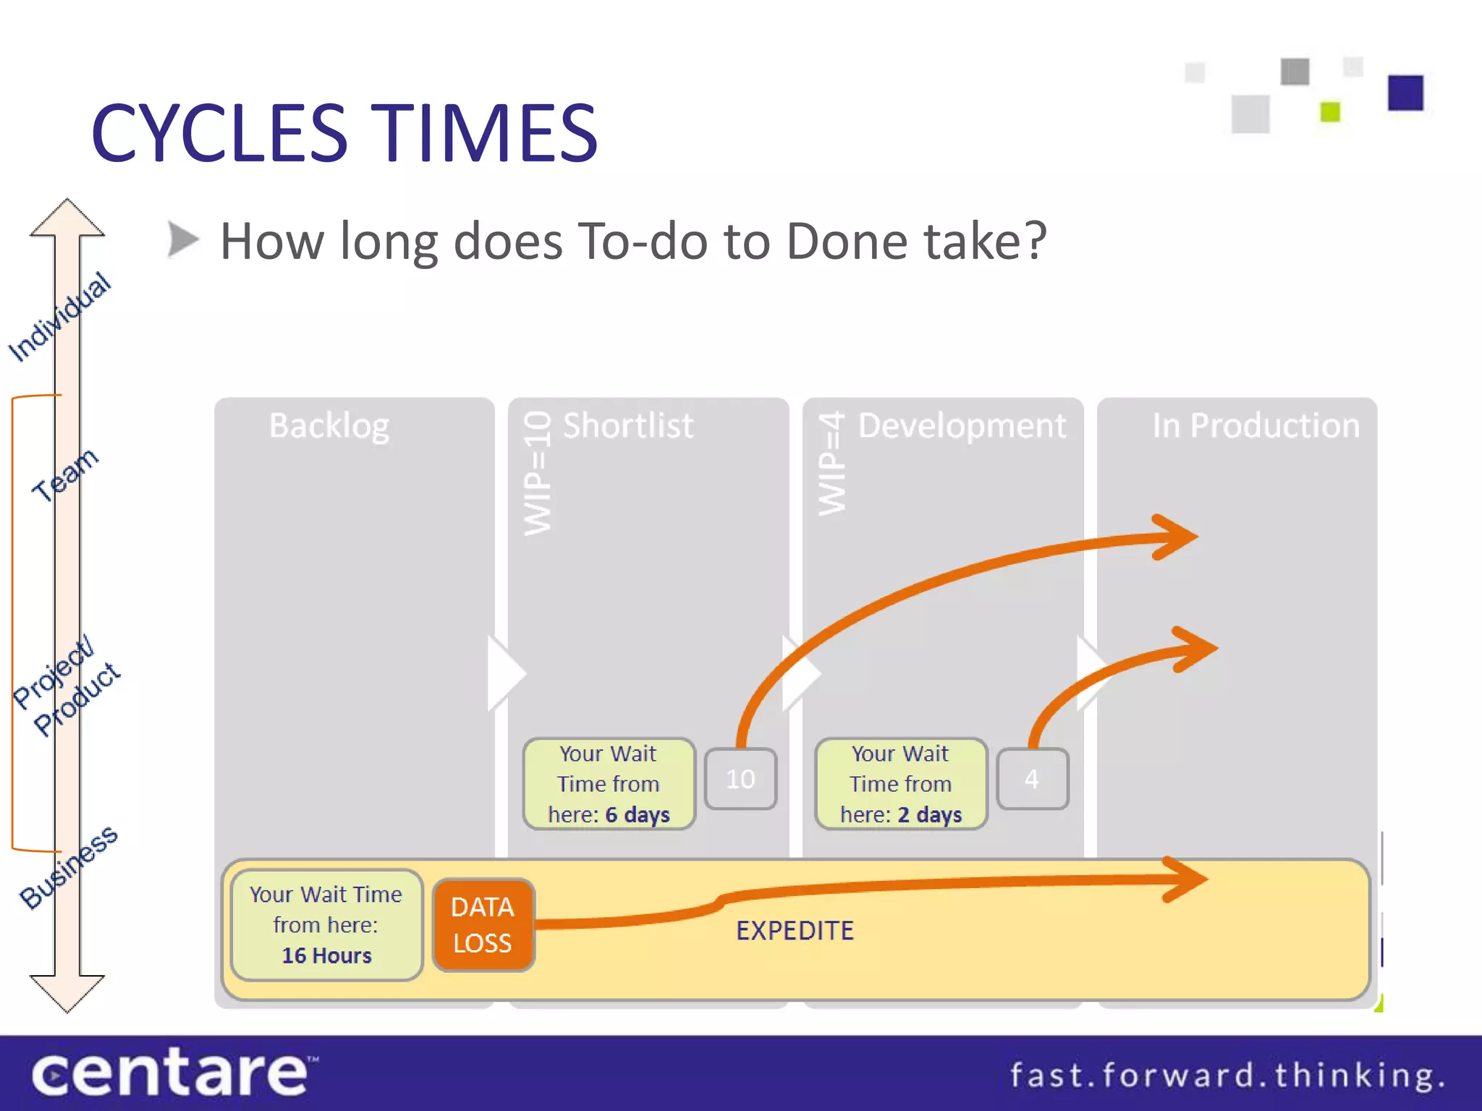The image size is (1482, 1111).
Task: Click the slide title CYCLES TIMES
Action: (344, 133)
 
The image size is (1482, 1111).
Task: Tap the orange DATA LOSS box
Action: (483, 925)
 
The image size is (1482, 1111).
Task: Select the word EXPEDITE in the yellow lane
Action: (795, 931)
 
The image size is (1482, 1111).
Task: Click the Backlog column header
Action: (329, 425)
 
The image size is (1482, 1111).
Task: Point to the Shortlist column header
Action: (628, 425)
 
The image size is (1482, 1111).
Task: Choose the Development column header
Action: (962, 425)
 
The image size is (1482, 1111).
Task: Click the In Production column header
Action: (1256, 425)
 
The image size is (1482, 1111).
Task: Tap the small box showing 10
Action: (740, 779)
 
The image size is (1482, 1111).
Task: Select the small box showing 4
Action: (1032, 779)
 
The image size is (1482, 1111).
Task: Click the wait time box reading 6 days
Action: (609, 784)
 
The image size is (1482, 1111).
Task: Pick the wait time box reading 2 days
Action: (901, 784)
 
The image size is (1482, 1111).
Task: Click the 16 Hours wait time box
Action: (326, 925)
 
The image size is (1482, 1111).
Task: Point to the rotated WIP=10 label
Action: (538, 474)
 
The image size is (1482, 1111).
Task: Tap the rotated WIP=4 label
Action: (831, 464)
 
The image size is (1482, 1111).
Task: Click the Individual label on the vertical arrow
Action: (59, 317)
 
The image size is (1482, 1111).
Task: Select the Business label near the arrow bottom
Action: (68, 867)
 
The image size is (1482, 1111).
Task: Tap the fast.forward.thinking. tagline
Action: (1227, 1076)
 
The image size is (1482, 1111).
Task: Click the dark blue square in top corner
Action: (1405, 93)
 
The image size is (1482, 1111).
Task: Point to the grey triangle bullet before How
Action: (182, 239)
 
